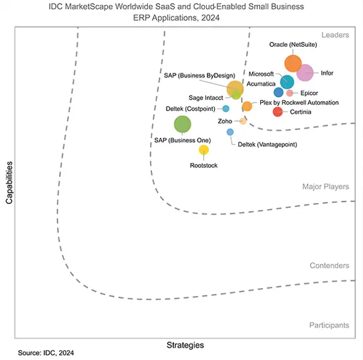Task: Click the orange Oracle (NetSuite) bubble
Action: pyautogui.click(x=293, y=63)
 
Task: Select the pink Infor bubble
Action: pyautogui.click(x=305, y=73)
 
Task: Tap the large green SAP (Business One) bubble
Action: pyautogui.click(x=182, y=124)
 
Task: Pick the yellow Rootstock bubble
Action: pyautogui.click(x=204, y=150)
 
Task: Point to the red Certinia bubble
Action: pyautogui.click(x=277, y=111)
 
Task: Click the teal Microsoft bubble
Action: pyautogui.click(x=287, y=81)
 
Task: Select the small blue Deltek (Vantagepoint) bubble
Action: pyautogui.click(x=230, y=132)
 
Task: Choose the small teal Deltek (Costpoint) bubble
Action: pyautogui.click(x=226, y=108)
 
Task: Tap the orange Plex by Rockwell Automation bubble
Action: pyautogui.click(x=247, y=106)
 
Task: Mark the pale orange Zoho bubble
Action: pyautogui.click(x=243, y=121)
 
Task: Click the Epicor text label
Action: pyautogui.click(x=309, y=93)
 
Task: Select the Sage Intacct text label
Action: pyautogui.click(x=205, y=98)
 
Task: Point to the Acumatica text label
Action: pyautogui.click(x=261, y=83)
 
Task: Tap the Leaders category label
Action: pyautogui.click(x=335, y=35)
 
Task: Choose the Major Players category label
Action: pyautogui.click(x=325, y=186)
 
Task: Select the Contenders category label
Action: pyautogui.click(x=329, y=266)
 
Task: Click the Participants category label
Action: pyautogui.click(x=329, y=325)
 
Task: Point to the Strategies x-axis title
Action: pyautogui.click(x=185, y=345)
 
